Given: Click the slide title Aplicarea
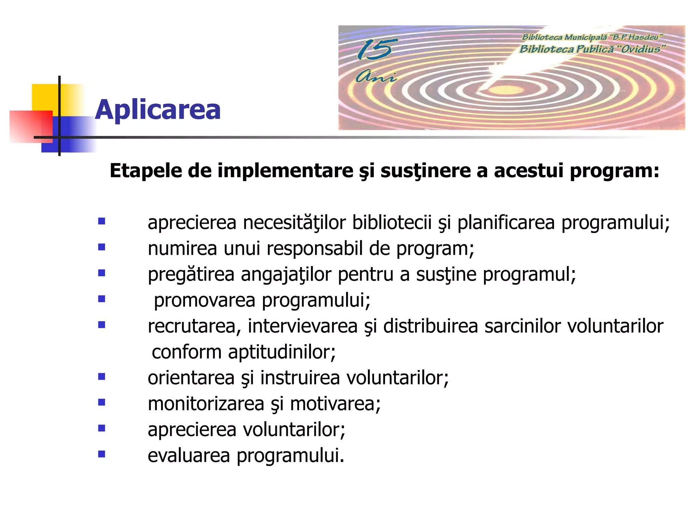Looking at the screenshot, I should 158,110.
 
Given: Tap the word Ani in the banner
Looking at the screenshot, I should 375,76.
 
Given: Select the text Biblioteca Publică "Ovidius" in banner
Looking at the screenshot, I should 592,49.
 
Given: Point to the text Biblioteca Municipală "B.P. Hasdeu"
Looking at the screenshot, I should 592,37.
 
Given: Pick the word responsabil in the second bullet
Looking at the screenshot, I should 314,248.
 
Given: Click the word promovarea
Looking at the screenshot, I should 204,300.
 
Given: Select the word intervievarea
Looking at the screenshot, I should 302,326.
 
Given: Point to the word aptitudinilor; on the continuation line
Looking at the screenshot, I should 282,352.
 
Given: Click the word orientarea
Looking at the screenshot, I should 191,378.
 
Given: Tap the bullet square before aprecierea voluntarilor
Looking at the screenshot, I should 101,428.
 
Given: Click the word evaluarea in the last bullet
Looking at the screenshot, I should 189,456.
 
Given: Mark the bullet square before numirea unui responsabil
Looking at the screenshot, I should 101,247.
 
